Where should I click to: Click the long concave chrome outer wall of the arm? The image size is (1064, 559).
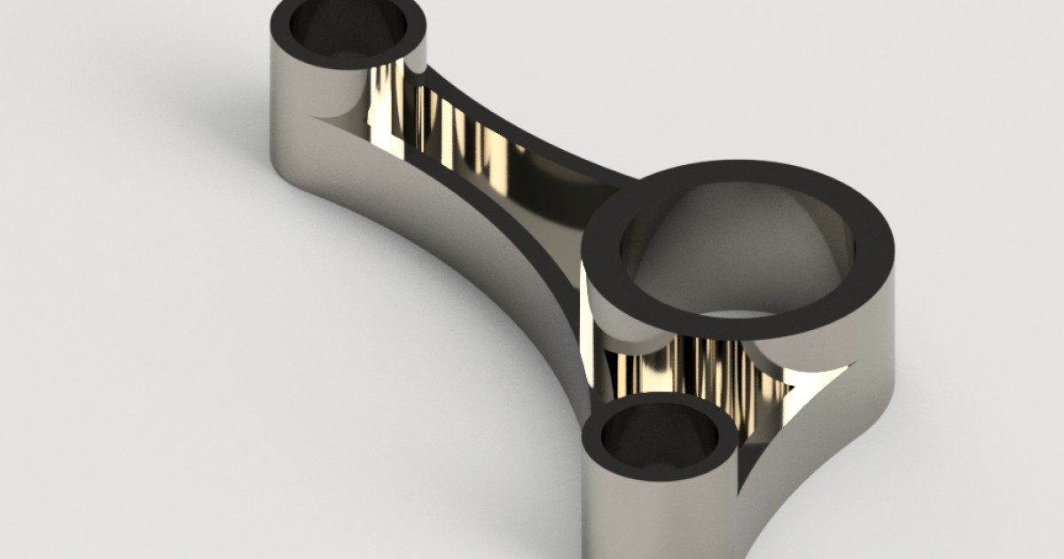443,266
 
